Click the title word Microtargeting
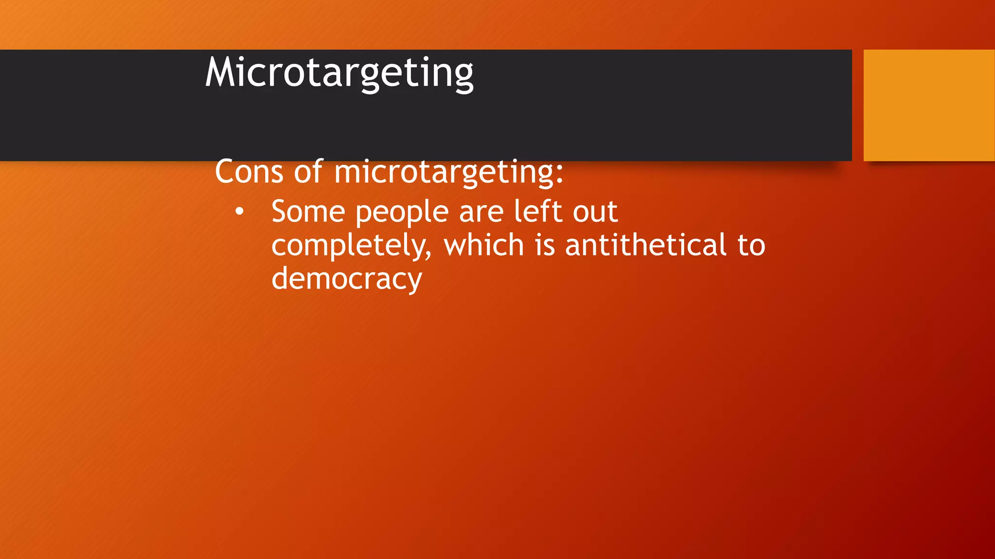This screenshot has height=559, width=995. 339,73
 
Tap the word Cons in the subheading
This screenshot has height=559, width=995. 249,171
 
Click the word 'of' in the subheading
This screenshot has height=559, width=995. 309,171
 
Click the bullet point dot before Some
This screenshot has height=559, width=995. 239,212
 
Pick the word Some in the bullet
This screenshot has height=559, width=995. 308,212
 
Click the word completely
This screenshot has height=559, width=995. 350,246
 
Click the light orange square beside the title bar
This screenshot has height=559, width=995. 929,105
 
